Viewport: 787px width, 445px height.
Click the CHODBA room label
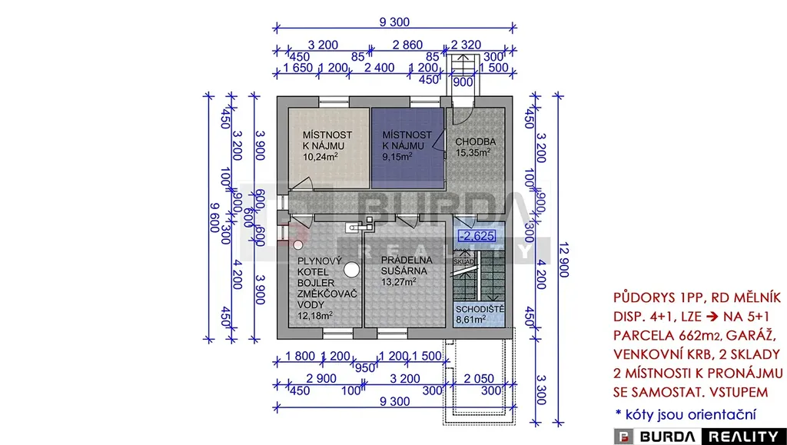point(476,141)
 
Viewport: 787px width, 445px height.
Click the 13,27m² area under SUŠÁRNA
point(399,281)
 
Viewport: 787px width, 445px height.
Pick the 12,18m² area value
point(315,315)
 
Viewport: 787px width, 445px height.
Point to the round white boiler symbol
point(351,270)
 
